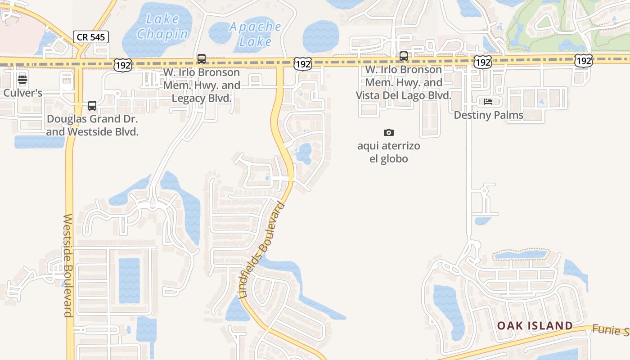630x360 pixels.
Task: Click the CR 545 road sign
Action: (x=91, y=37)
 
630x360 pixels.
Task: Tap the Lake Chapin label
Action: (x=162, y=27)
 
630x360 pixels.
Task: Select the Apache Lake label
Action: (x=255, y=34)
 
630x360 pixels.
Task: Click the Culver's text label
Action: (x=23, y=93)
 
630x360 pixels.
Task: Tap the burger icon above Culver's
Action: (x=22, y=80)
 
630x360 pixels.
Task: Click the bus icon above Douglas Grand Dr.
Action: (x=92, y=106)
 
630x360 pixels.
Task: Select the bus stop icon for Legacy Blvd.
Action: (x=202, y=59)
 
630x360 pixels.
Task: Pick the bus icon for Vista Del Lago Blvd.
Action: (x=404, y=56)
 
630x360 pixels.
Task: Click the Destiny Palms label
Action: (x=488, y=115)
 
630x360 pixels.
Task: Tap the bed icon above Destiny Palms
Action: (x=488, y=102)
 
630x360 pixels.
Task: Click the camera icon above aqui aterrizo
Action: (x=389, y=132)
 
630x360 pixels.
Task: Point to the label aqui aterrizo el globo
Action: (x=389, y=152)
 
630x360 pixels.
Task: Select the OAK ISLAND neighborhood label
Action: (x=535, y=325)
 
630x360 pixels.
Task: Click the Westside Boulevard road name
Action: (x=68, y=265)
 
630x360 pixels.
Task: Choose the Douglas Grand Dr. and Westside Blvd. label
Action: (x=92, y=126)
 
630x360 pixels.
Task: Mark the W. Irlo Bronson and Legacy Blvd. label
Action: (x=202, y=85)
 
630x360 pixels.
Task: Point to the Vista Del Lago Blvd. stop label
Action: (x=404, y=82)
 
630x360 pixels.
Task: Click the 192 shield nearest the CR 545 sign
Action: (x=122, y=66)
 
